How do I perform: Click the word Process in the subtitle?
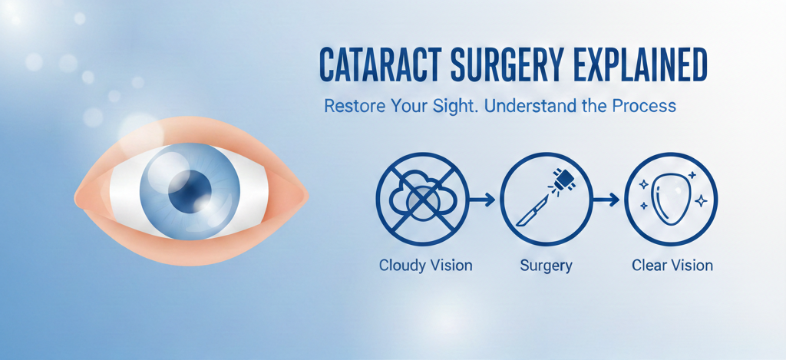[646, 106]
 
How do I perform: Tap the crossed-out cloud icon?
[422, 199]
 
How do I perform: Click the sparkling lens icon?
[671, 199]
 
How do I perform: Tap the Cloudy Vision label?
[425, 266]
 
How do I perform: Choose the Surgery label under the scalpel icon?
[546, 266]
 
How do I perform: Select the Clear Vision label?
[672, 266]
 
